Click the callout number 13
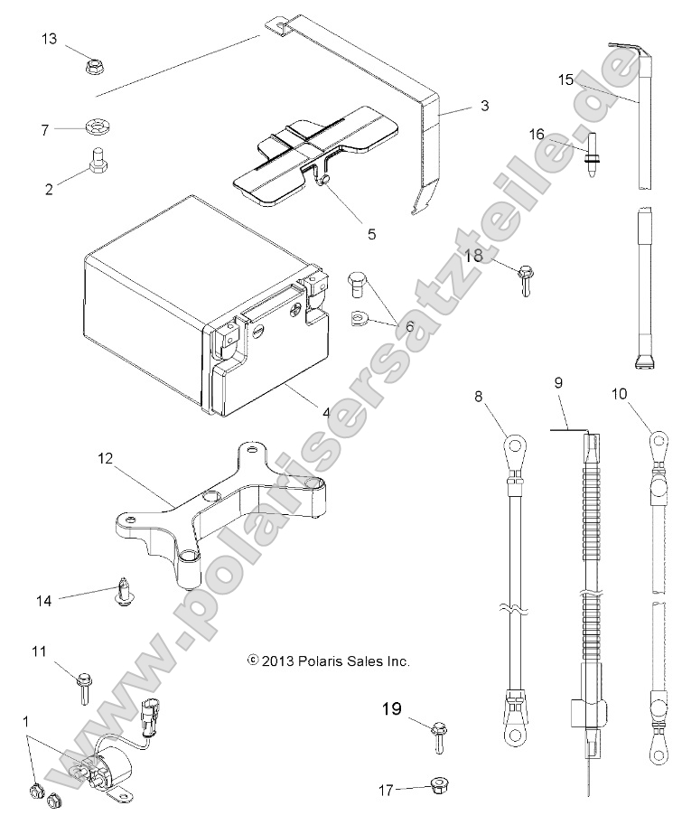tap(49, 38)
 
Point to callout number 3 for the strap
tap(484, 106)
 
